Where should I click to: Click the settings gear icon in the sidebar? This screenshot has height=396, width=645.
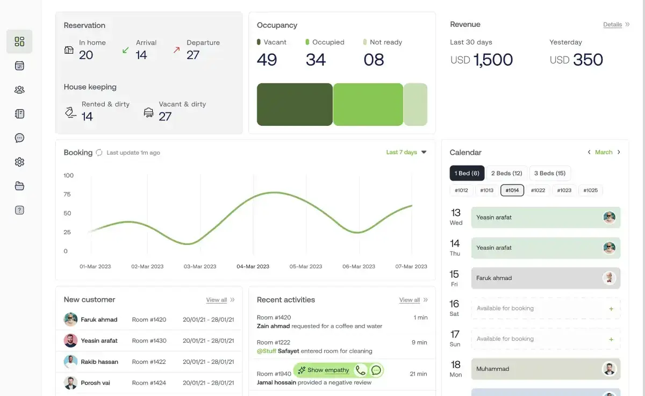19,162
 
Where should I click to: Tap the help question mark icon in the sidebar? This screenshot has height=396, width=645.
19,210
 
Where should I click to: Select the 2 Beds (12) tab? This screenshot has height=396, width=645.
506,173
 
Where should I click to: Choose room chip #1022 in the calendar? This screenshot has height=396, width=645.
538,190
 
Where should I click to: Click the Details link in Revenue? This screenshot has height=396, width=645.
612,25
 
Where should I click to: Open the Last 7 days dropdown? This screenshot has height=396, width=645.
406,152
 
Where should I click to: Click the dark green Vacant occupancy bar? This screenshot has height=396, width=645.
295,104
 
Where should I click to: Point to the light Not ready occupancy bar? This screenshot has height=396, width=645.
415,104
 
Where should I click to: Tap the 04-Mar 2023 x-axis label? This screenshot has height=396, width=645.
253,267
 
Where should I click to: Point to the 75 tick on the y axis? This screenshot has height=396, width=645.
67,195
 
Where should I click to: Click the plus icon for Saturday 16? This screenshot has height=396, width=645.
611,309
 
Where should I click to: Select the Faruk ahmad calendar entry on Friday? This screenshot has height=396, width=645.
546,278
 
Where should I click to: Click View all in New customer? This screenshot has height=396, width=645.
217,300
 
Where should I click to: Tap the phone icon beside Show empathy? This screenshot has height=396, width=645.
361,370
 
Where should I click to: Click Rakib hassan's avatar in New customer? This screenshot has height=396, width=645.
70,362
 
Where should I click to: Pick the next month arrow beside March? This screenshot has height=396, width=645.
619,152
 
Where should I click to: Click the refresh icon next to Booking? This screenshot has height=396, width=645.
99,153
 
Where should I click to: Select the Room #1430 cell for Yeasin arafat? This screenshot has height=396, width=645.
149,341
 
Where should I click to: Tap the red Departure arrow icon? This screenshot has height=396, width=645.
176,50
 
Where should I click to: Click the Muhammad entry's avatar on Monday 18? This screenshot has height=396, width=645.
610,369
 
